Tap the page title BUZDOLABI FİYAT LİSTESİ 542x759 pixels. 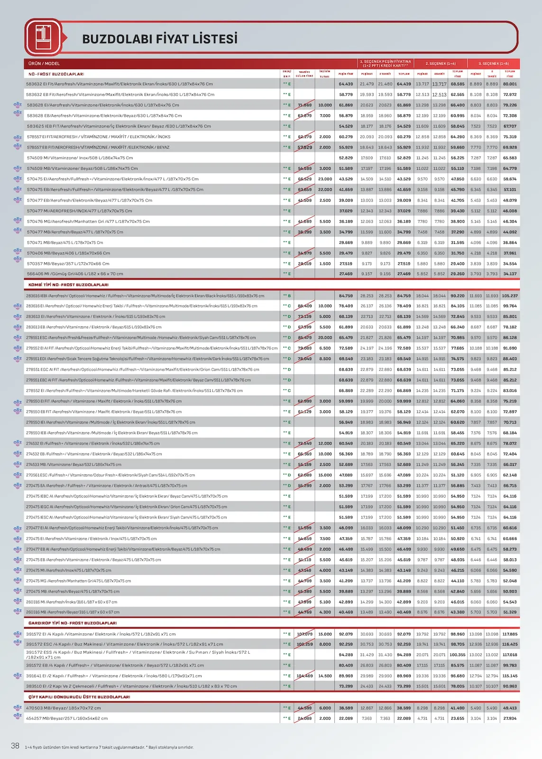pos(160,39)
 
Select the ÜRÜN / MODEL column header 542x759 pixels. pos(44,64)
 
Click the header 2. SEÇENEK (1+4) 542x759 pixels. pos(440,64)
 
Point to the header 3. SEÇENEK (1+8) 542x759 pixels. pos(493,64)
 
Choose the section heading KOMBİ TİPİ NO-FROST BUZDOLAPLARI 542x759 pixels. pos(68,285)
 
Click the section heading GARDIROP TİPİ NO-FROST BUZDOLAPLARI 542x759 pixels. pos(73,623)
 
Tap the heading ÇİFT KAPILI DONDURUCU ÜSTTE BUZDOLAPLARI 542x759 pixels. pos(79,697)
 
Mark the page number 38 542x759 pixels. pos(15,746)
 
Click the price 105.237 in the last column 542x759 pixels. pos(510,296)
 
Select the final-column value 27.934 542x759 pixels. pos(510,719)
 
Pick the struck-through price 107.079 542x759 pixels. pos(305,634)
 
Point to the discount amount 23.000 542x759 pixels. pos(325,179)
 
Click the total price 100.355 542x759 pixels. pos(458,655)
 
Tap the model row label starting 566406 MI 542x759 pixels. pos(75,274)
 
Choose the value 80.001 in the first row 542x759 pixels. pos(510,84)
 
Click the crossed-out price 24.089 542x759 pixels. pos(305,719)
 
